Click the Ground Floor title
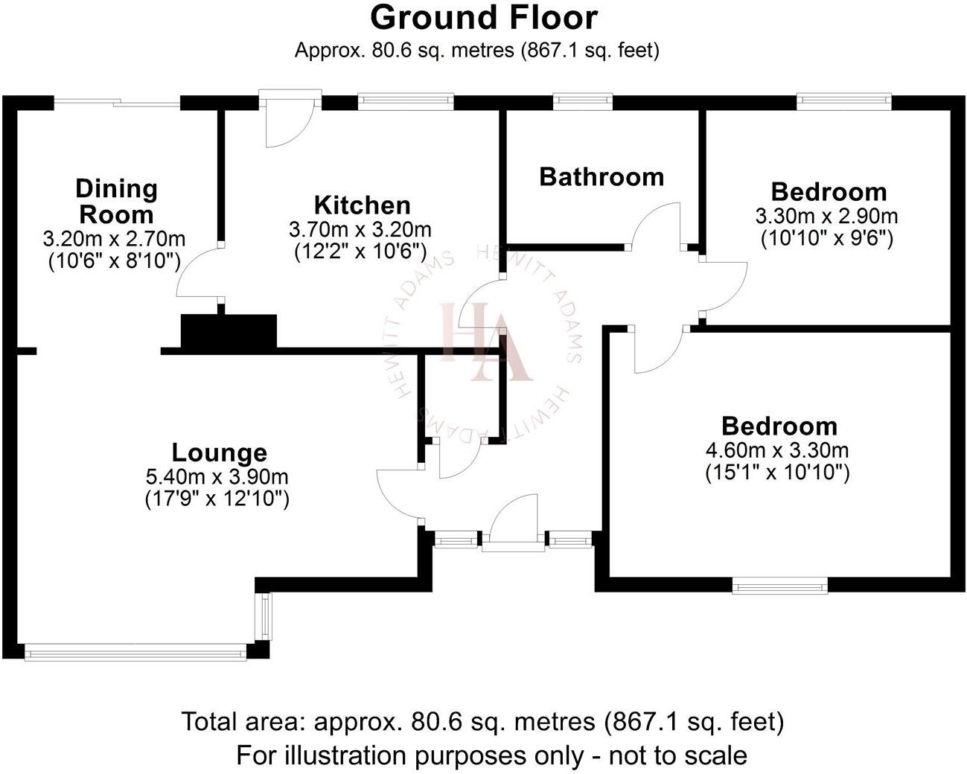pyautogui.click(x=483, y=18)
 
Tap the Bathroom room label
pyautogui.click(x=601, y=177)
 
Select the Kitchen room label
pyautogui.click(x=362, y=205)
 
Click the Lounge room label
pyautogui.click(x=219, y=452)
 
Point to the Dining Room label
pyautogui.click(x=116, y=202)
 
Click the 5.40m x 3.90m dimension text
pyautogui.click(x=217, y=476)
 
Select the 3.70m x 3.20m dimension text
pyautogui.click(x=360, y=229)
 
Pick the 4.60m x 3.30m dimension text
pyautogui.click(x=777, y=450)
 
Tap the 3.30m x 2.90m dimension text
pyautogui.click(x=826, y=217)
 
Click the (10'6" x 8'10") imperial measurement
pyautogui.click(x=115, y=261)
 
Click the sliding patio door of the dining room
pyautogui.click(x=118, y=103)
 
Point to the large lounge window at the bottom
pyautogui.click(x=135, y=653)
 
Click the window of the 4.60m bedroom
pyautogui.click(x=779, y=586)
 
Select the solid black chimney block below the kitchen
pyautogui.click(x=229, y=331)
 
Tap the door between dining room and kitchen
pyautogui.click(x=200, y=274)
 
